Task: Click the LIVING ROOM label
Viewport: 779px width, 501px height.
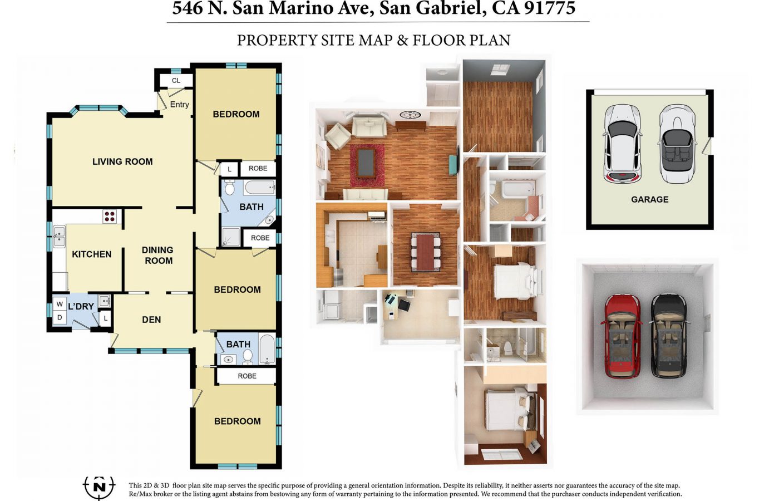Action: [x=122, y=161]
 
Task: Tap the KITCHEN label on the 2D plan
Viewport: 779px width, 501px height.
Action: [x=91, y=254]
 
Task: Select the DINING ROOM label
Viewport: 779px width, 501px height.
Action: [x=158, y=255]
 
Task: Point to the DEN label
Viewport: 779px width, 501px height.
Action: [x=151, y=320]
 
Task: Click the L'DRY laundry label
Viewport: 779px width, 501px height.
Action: [x=81, y=307]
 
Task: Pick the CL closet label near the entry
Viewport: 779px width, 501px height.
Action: [x=176, y=81]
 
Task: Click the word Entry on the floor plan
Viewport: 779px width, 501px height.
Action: [x=179, y=105]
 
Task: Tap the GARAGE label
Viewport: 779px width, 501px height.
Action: [x=650, y=199]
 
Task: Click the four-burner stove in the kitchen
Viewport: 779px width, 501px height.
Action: [x=110, y=217]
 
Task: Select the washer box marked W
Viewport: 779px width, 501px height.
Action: [x=60, y=304]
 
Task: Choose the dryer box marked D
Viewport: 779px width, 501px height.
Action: [x=60, y=317]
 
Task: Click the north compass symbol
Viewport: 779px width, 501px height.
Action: [x=100, y=487]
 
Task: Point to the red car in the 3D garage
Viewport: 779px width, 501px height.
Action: [x=623, y=336]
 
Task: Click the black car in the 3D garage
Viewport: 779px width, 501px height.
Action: [x=668, y=336]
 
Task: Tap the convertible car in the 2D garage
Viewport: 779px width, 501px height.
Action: [x=677, y=144]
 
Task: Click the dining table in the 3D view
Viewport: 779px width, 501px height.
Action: [x=426, y=253]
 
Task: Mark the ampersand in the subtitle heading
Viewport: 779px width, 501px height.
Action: [x=402, y=40]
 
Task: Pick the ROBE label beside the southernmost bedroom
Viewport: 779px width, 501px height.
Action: [x=247, y=376]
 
